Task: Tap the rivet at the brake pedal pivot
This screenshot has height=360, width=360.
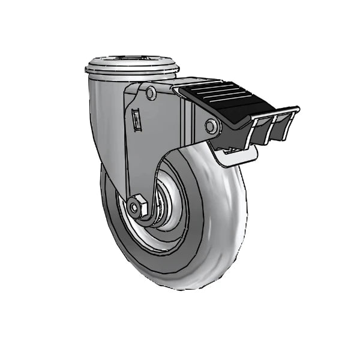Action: (211, 126)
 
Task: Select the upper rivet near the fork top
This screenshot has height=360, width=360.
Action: (150, 93)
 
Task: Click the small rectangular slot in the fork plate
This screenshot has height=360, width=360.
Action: (136, 119)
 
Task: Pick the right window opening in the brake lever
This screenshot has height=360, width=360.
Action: (280, 128)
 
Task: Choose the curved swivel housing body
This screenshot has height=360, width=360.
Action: (102, 120)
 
